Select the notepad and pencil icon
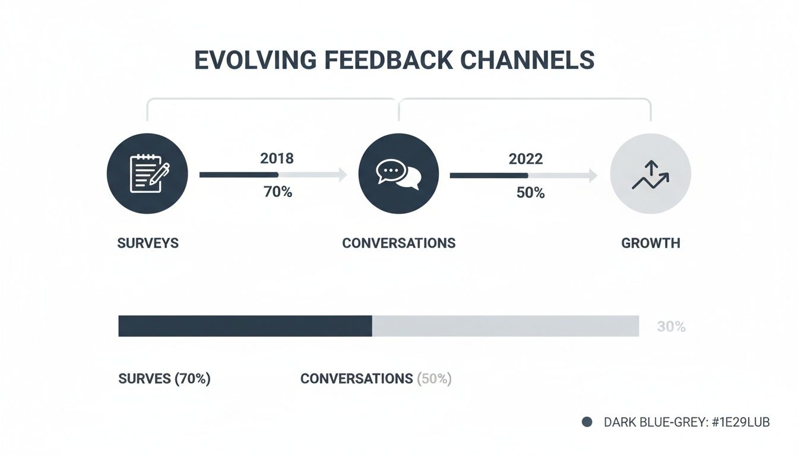[x=147, y=173]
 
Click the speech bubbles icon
[x=399, y=173]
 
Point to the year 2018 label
[x=277, y=159]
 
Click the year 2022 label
[x=525, y=159]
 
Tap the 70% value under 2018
[x=277, y=192]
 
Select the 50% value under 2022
[x=530, y=192]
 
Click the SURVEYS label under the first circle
[x=148, y=243]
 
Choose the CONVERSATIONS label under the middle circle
[x=399, y=243]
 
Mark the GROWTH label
[x=651, y=243]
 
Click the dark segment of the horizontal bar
[x=245, y=326]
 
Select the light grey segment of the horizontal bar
[x=505, y=326]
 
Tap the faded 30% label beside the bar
[x=672, y=327]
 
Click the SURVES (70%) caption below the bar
[x=164, y=379]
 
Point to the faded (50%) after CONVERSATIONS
[x=435, y=379]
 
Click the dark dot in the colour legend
[x=587, y=422]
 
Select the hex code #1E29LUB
[x=736, y=422]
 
